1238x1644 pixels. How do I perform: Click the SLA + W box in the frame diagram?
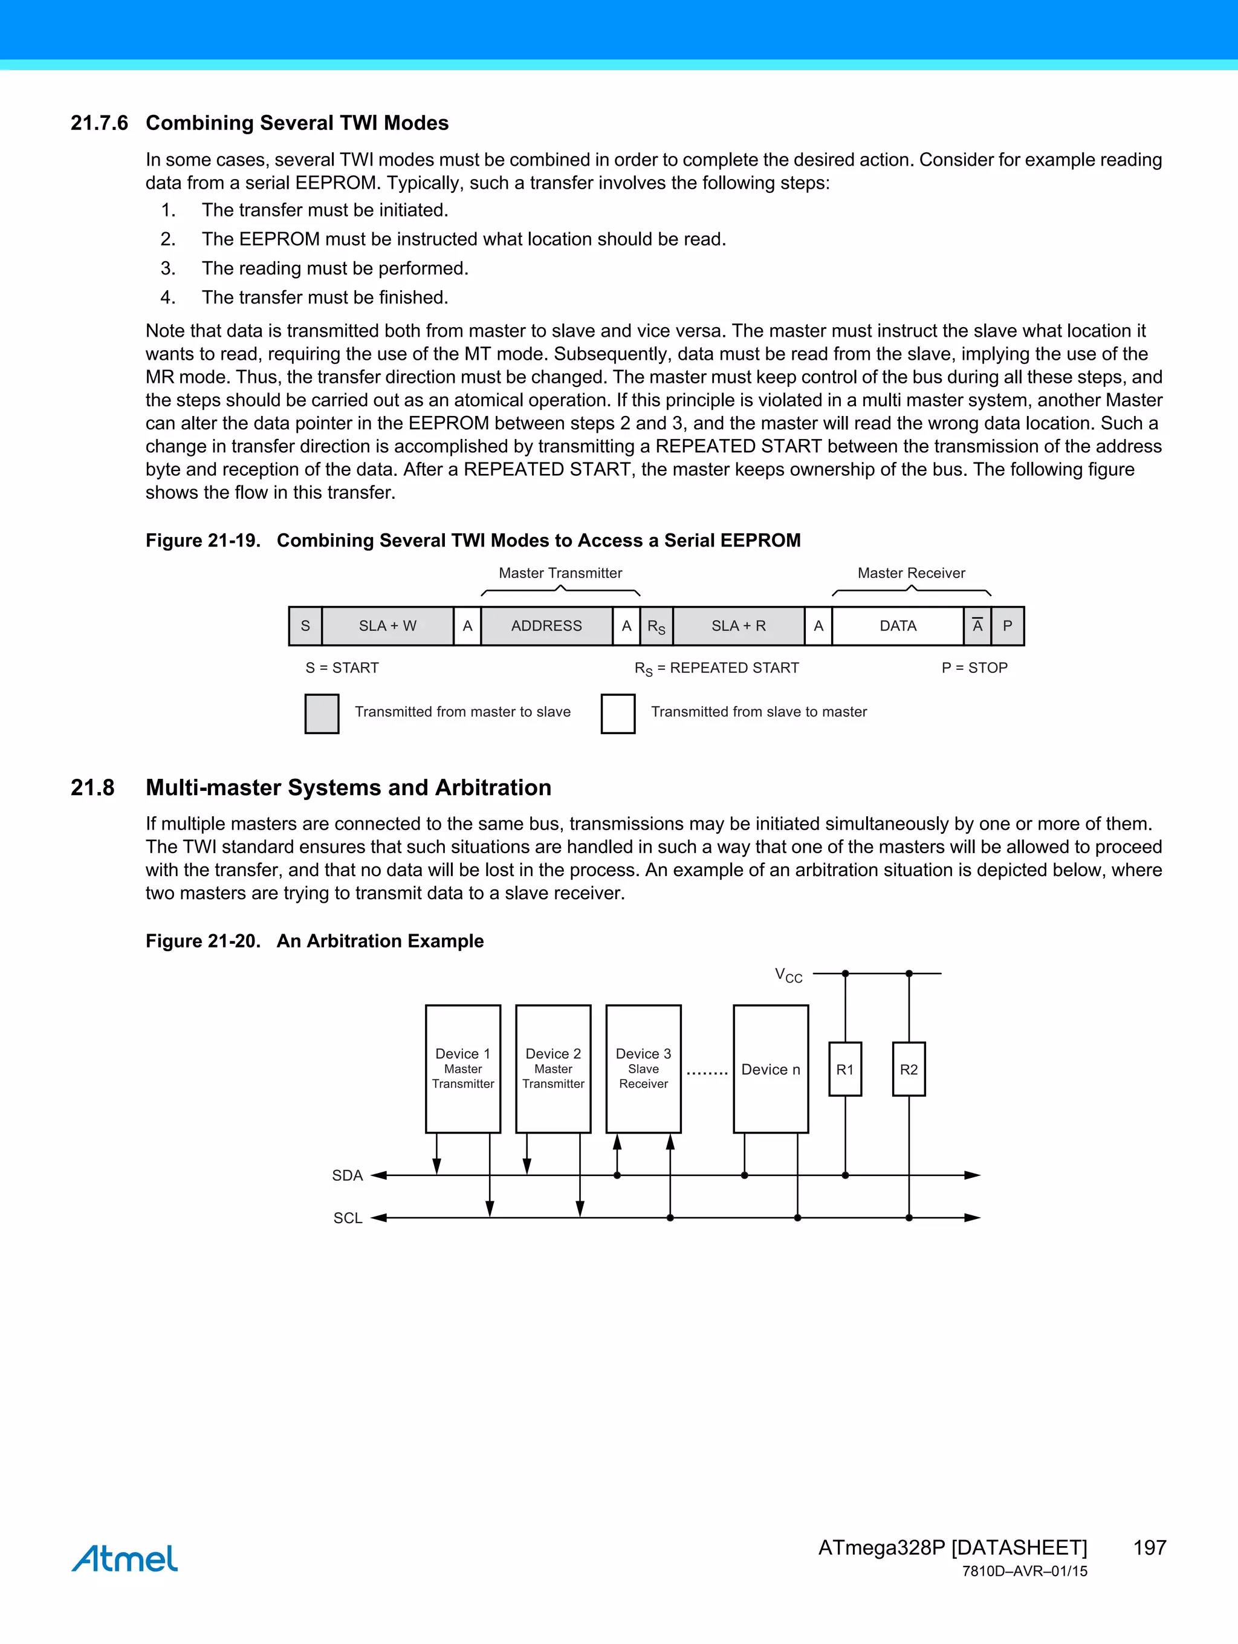pos(387,626)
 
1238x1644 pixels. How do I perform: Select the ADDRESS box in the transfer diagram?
pos(546,626)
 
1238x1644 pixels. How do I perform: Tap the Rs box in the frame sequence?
pos(656,626)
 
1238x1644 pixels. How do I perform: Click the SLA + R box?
pos(738,626)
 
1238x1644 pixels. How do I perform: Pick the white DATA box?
pos(898,626)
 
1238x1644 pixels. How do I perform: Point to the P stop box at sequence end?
pos(1007,626)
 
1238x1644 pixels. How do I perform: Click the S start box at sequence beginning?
pos(305,626)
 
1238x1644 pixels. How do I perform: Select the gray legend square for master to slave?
pos(322,713)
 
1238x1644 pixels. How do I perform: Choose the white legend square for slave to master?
pos(618,713)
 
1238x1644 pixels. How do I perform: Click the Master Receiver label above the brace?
pos(911,573)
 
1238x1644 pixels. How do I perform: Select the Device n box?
pos(771,1069)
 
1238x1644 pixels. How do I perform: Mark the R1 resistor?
pos(845,1069)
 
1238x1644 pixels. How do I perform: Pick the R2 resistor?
pos(909,1069)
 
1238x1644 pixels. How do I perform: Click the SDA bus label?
pos(347,1175)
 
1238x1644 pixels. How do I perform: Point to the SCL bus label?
pos(347,1217)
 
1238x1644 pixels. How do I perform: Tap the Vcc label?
pos(788,975)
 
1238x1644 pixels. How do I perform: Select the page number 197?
pos(1149,1547)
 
